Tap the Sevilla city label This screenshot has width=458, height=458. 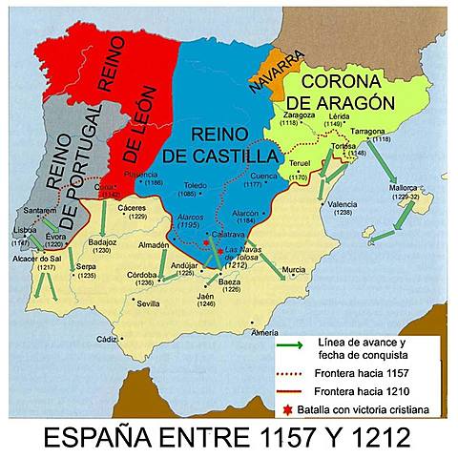[x=148, y=303]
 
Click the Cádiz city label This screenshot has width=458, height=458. [x=106, y=339]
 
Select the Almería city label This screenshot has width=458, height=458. [x=265, y=332]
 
